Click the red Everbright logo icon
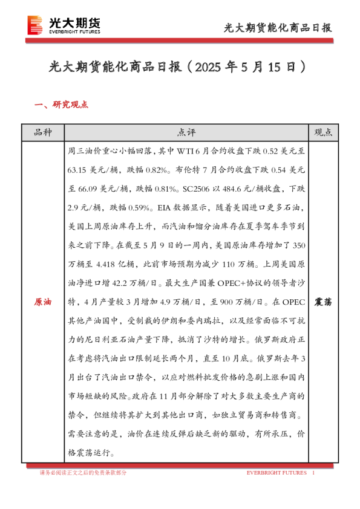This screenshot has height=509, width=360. [x=35, y=24]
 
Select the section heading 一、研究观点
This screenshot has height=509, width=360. [x=62, y=105]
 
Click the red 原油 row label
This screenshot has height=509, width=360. [x=43, y=301]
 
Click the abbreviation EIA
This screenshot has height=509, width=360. [x=165, y=208]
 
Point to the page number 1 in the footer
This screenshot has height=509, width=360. [x=313, y=472]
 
